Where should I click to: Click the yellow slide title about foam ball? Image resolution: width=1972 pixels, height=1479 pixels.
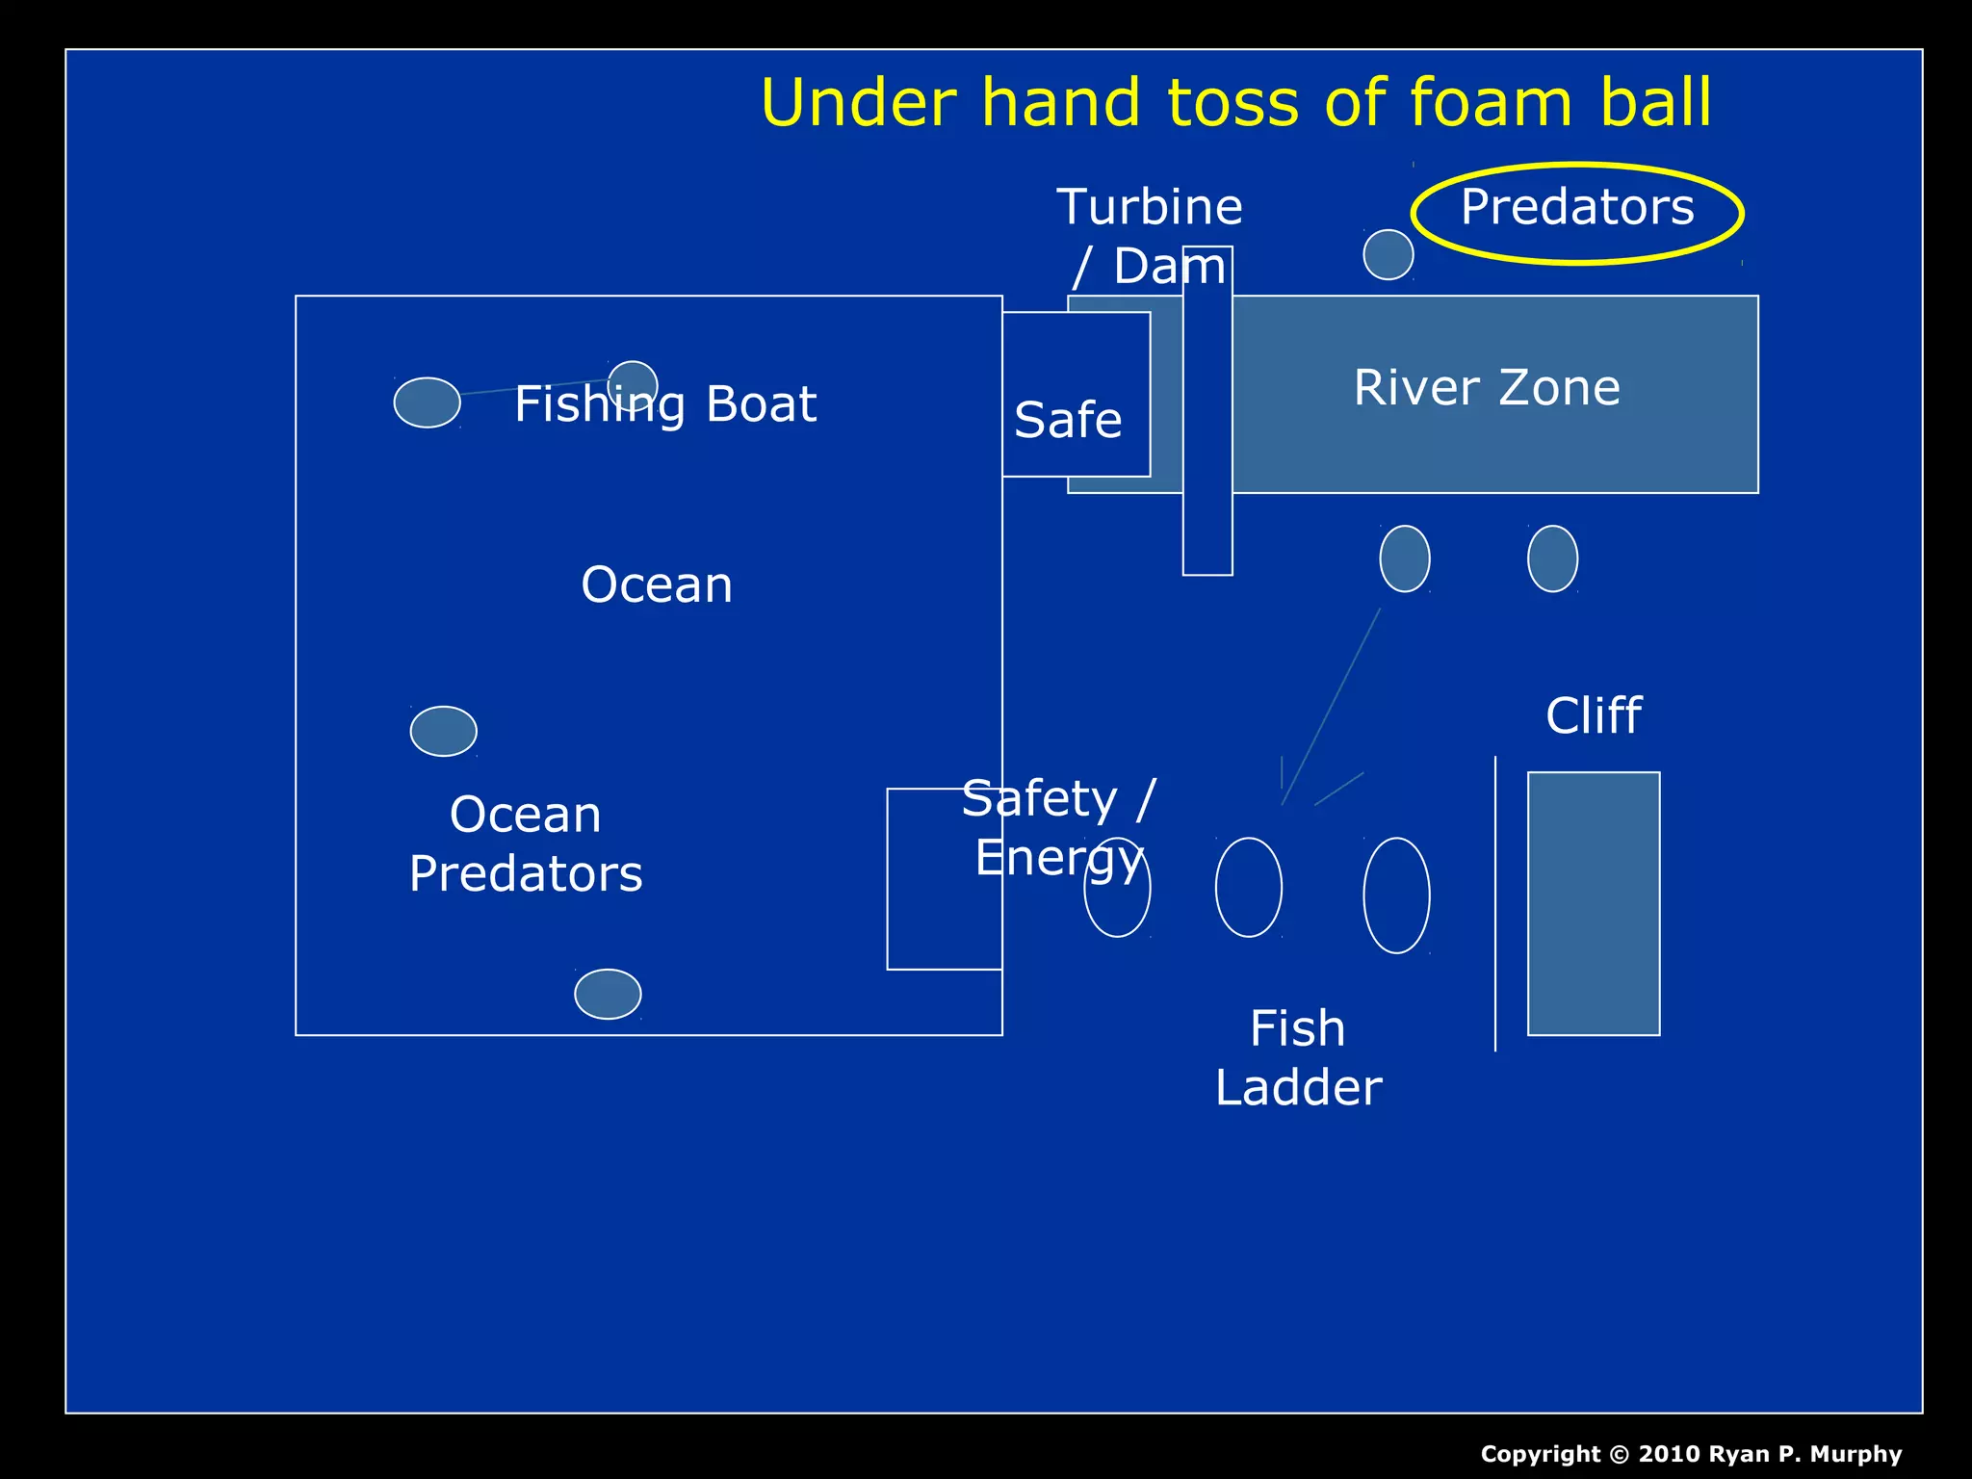pyautogui.click(x=1235, y=102)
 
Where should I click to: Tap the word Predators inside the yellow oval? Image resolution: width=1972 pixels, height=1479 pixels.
pyautogui.click(x=1576, y=207)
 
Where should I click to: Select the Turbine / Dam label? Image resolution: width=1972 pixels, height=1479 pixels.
pyautogui.click(x=1150, y=236)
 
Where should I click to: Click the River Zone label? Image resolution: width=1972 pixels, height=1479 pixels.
pyautogui.click(x=1487, y=387)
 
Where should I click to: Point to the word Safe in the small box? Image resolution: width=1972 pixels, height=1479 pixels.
pyautogui.click(x=1068, y=420)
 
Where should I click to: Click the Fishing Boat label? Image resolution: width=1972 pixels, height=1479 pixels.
pyautogui.click(x=665, y=403)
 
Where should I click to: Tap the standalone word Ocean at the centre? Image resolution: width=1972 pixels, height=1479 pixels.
pyautogui.click(x=657, y=584)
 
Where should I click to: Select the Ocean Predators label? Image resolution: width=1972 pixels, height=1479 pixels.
pyautogui.click(x=526, y=843)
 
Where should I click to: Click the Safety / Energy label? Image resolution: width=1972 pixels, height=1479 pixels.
pyautogui.click(x=1058, y=827)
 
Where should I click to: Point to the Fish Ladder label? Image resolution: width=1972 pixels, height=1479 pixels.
pyautogui.click(x=1298, y=1057)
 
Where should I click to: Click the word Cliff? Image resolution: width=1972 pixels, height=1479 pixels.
pyautogui.click(x=1594, y=715)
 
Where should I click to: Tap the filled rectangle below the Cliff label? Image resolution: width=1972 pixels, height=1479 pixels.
pyautogui.click(x=1594, y=903)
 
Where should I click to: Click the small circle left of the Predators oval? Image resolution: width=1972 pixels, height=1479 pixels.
pyautogui.click(x=1388, y=255)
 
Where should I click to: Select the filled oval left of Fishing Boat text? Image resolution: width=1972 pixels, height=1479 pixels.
pyautogui.click(x=427, y=402)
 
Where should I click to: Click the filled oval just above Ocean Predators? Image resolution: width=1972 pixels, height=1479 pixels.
pyautogui.click(x=443, y=732)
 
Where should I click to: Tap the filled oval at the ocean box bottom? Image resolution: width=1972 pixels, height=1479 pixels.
pyautogui.click(x=608, y=994)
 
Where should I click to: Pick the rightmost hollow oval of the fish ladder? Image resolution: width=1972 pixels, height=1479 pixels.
pyautogui.click(x=1396, y=895)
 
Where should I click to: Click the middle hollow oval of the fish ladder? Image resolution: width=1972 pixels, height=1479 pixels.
pyautogui.click(x=1248, y=887)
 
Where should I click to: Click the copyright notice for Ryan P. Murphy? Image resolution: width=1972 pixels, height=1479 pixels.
pyautogui.click(x=1691, y=1454)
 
